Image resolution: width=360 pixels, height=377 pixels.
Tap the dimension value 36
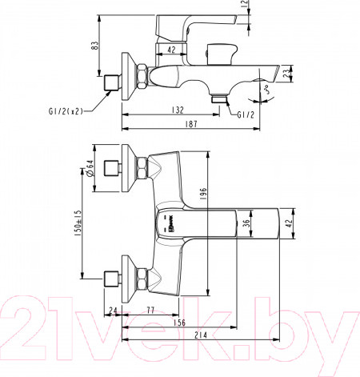247,225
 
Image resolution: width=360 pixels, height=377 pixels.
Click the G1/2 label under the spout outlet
246,114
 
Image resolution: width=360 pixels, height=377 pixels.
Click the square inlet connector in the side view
112,82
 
